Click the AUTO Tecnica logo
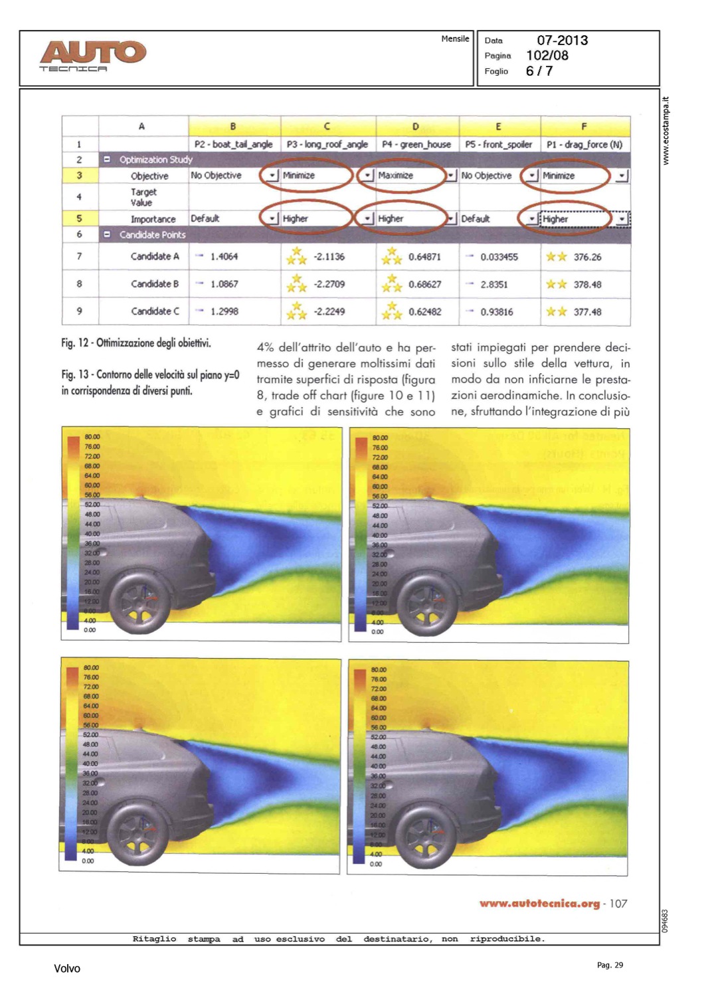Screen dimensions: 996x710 click(x=92, y=56)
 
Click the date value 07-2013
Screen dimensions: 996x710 click(x=562, y=41)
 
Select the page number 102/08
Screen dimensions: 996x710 click(x=547, y=56)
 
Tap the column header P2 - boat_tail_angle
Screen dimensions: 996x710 click(x=233, y=144)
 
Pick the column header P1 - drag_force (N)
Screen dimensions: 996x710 click(x=584, y=144)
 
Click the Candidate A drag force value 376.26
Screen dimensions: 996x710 click(x=587, y=257)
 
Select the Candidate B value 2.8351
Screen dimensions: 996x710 click(x=493, y=284)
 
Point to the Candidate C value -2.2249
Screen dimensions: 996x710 click(x=329, y=311)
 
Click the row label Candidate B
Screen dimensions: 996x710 click(x=155, y=284)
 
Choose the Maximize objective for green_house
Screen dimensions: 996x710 click(x=396, y=175)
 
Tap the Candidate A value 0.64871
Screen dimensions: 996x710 click(x=424, y=257)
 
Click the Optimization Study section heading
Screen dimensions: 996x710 click(x=155, y=159)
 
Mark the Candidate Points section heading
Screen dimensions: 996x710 click(x=152, y=234)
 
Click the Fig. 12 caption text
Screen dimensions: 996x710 click(x=136, y=343)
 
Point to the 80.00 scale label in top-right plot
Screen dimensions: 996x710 click(x=380, y=438)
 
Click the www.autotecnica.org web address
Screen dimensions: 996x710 click(x=539, y=904)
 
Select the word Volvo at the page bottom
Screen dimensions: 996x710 click(x=67, y=969)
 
